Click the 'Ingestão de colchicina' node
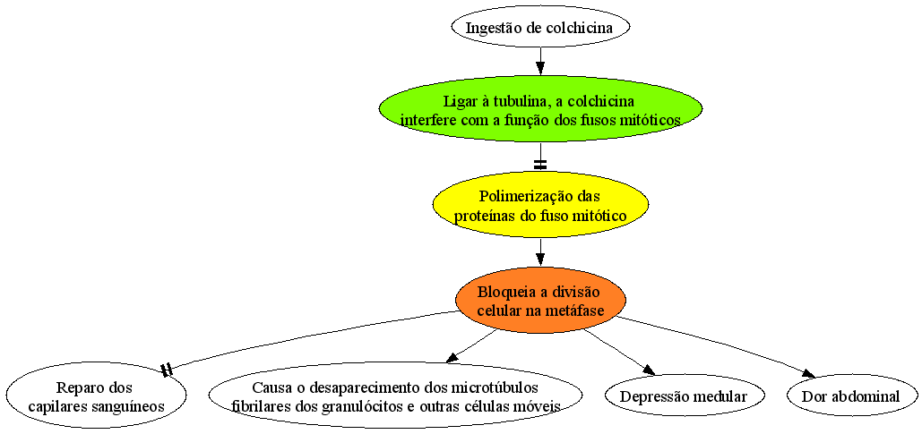[540, 27]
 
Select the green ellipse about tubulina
[540, 111]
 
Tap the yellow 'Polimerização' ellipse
[540, 205]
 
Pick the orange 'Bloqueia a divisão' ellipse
[540, 300]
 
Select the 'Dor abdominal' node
[850, 396]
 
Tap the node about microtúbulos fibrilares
[396, 396]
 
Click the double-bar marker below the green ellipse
[540, 165]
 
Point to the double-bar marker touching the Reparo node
[167, 370]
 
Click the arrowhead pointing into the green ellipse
[540, 69]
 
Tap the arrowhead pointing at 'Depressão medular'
[648, 369]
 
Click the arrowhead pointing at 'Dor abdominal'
[808, 374]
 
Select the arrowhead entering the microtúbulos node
[452, 358]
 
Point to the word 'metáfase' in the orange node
[579, 310]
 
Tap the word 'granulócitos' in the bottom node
[358, 405]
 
